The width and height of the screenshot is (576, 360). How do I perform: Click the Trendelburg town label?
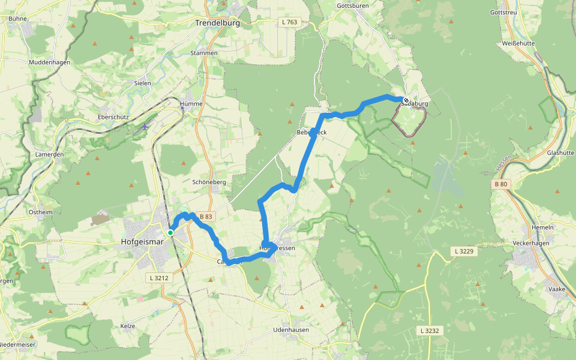(217, 23)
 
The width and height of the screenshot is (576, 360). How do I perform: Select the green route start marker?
(170, 232)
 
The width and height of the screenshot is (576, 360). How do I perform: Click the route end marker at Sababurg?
(406, 100)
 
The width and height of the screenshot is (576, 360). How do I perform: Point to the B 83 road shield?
(206, 217)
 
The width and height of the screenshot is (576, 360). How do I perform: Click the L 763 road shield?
(289, 22)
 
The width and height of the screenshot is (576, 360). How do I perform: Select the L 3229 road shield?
(464, 251)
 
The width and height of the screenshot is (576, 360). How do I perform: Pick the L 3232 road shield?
(430, 331)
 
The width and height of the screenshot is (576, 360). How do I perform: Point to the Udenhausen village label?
(290, 330)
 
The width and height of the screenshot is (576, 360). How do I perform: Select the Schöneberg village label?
(209, 182)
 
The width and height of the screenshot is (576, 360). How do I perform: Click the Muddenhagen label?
(50, 62)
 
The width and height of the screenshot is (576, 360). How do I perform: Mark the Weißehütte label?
(519, 43)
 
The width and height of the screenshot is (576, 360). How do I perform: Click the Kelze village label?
(128, 326)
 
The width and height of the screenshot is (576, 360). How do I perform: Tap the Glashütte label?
(560, 153)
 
